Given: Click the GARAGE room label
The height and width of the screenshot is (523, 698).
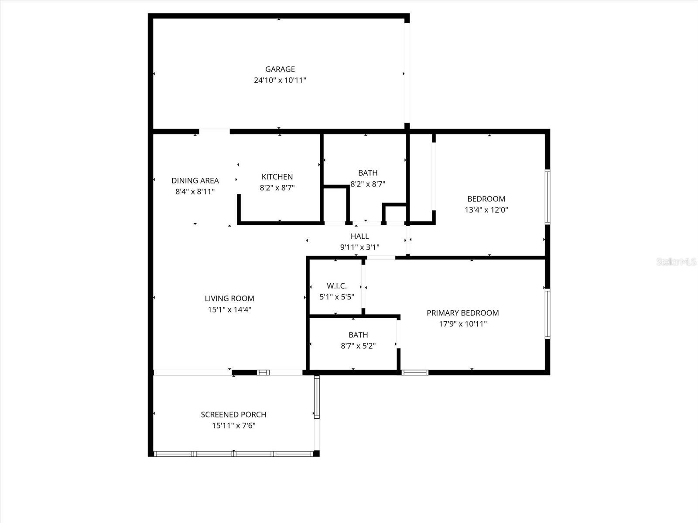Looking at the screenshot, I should tap(280, 69).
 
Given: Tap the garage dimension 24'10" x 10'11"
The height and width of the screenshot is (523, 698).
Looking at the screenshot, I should tap(280, 80).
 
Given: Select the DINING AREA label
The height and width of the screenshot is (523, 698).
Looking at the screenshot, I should tap(195, 180).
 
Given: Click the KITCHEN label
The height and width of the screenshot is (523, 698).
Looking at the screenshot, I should tap(277, 177).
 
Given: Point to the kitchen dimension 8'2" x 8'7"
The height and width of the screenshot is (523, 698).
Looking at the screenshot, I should tap(277, 188).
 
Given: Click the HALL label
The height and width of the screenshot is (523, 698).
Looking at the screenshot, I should tap(359, 236).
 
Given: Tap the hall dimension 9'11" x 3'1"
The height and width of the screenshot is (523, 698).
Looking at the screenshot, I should tap(359, 247).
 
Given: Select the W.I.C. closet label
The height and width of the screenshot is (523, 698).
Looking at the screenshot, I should tap(337, 286).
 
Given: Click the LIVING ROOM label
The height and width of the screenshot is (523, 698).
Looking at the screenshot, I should tap(229, 299).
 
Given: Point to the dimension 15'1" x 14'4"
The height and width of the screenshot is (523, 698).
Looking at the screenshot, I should tap(229, 310).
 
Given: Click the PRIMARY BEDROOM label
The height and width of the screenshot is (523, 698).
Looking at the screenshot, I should tap(462, 313).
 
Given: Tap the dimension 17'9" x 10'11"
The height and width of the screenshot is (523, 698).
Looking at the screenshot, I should tap(462, 324).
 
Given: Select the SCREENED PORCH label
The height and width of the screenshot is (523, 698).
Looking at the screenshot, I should tap(233, 414).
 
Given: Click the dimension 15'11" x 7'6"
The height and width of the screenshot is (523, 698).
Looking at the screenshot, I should tap(233, 426).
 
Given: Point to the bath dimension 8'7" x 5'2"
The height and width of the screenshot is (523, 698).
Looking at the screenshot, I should tap(358, 346).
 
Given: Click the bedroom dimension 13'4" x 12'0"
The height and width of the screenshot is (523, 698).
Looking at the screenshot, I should tap(486, 210).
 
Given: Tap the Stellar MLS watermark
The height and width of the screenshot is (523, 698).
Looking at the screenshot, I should tap(676, 262).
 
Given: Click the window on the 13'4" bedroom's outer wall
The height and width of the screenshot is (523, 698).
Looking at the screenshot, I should tap(547, 197).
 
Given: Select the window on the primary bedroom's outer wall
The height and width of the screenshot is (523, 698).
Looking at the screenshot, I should tap(547, 314).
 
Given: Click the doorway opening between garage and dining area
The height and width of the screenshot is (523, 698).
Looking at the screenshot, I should tap(214, 131).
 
